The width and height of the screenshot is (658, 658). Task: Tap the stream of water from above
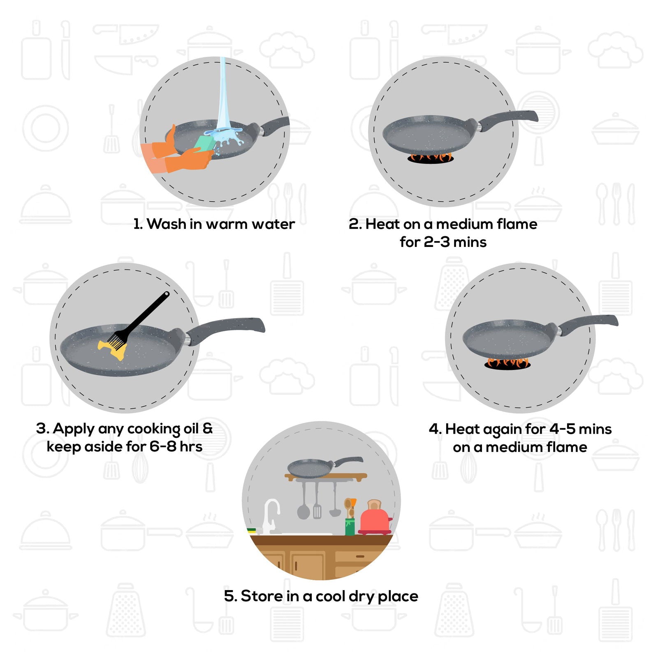point(222,95)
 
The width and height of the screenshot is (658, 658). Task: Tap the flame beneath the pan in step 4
point(508,363)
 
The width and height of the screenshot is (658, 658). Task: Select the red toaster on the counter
point(375,521)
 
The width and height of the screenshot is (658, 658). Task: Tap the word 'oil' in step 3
point(191,429)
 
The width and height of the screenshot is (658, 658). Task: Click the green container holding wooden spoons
point(350,526)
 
